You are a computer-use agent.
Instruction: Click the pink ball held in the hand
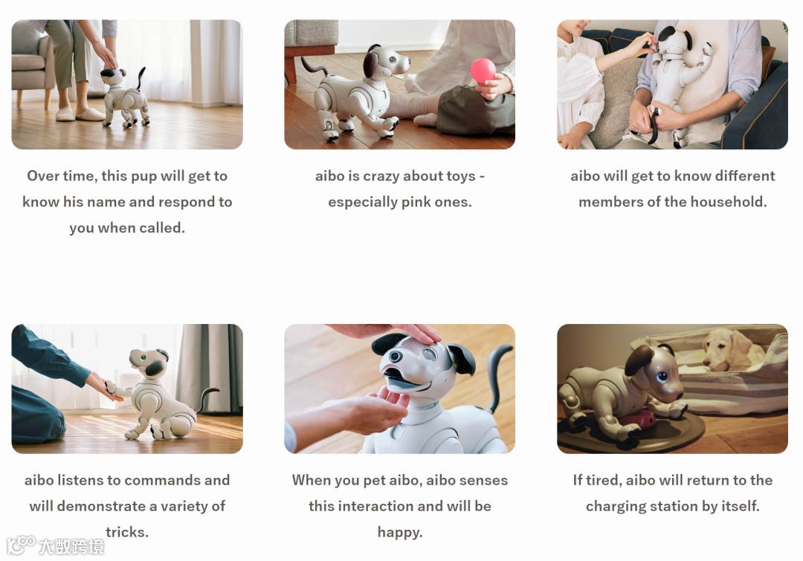[x=483, y=70]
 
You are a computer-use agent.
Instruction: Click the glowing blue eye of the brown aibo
[x=662, y=377]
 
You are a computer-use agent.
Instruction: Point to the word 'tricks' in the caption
[x=125, y=532]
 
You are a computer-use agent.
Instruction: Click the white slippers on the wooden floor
[x=80, y=114]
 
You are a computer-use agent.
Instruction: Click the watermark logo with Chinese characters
[x=55, y=545]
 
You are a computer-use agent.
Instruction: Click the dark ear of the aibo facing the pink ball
[x=371, y=64]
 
